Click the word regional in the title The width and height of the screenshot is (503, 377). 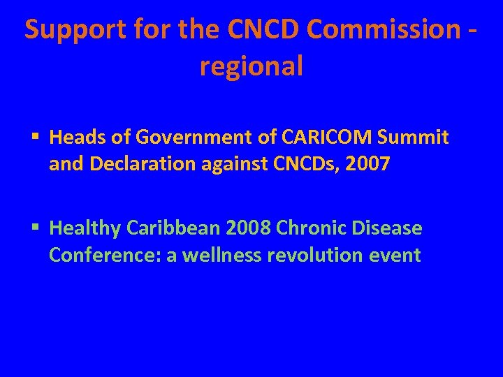251,66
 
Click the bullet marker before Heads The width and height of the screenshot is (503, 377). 34,138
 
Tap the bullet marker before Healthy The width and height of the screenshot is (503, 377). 34,228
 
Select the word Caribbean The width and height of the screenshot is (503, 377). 167,228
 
